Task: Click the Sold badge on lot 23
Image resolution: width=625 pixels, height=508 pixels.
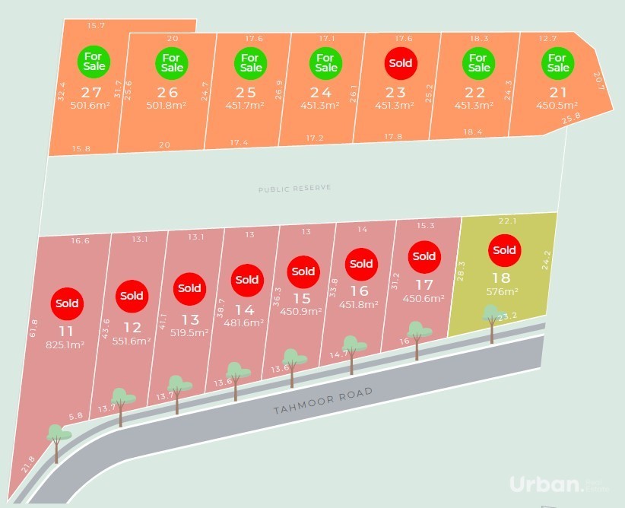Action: click(401, 63)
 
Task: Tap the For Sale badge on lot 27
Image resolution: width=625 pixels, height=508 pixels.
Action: click(94, 60)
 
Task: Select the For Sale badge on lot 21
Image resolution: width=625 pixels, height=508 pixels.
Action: click(557, 62)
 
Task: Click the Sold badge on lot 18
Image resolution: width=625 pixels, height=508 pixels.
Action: click(504, 250)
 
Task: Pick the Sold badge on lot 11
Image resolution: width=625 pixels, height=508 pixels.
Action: click(66, 303)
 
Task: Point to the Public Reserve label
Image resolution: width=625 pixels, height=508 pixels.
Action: click(294, 188)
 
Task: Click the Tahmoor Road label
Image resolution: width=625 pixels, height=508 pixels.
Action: click(323, 401)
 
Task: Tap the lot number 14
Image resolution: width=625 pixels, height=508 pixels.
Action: click(245, 310)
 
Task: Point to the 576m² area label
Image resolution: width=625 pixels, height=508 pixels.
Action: click(503, 291)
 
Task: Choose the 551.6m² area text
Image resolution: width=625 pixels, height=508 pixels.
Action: click(132, 341)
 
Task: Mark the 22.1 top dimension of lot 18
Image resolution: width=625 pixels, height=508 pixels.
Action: click(507, 221)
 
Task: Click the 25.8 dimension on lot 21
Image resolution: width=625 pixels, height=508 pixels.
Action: click(570, 116)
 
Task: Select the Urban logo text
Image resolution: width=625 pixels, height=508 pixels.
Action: click(545, 484)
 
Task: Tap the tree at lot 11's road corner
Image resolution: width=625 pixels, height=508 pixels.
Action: click(56, 437)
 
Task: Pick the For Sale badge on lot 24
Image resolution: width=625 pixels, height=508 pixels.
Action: click(325, 62)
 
